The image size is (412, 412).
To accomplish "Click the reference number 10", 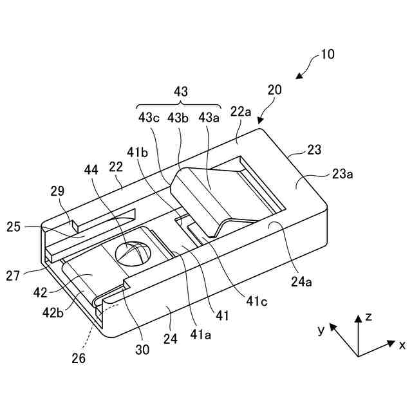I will click(327, 54).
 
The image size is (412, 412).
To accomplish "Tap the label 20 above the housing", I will click(275, 91).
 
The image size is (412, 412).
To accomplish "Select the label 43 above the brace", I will click(181, 92).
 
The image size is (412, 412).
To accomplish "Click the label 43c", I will click(150, 118).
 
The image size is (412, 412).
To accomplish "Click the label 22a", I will click(241, 112).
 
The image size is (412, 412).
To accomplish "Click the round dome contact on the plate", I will click(133, 252).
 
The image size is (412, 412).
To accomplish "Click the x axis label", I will click(402, 346).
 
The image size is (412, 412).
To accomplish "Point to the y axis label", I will click(320, 329).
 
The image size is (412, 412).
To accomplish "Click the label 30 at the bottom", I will click(142, 350).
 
